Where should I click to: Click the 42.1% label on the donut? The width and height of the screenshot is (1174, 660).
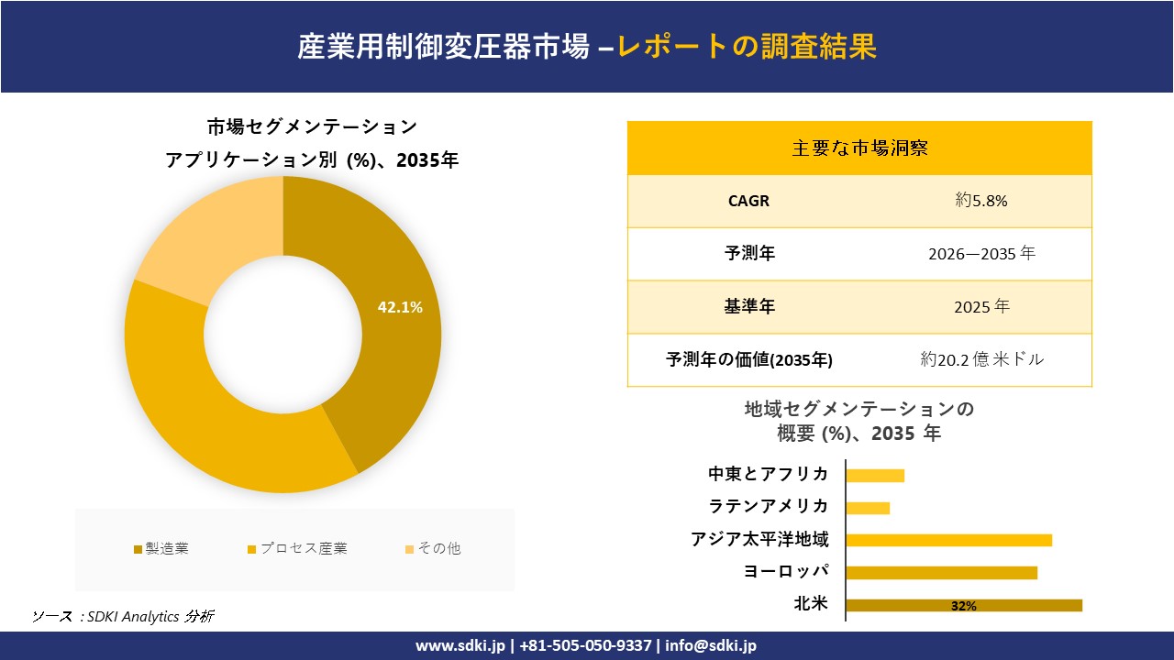400,308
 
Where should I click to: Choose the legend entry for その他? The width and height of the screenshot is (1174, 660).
433,549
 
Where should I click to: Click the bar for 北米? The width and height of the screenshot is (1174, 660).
963,605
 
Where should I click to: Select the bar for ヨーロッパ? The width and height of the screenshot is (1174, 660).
941,573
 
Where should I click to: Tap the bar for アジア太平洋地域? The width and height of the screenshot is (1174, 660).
948,540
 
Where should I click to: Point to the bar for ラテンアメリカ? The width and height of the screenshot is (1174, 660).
868,508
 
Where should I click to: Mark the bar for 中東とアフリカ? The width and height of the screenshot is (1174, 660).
875,475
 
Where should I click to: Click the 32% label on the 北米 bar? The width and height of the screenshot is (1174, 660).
964,606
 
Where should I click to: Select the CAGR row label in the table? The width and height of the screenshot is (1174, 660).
748,201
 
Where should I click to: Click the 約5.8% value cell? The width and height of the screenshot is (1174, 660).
981,201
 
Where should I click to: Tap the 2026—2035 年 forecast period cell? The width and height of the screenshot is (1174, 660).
981,254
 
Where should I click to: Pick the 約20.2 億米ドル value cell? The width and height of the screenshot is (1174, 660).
981,360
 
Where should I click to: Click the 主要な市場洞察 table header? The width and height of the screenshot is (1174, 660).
859,148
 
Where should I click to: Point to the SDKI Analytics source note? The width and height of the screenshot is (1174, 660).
123,617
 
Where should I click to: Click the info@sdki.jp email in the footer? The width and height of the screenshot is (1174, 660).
711,645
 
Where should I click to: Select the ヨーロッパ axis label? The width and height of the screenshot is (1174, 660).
786,572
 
